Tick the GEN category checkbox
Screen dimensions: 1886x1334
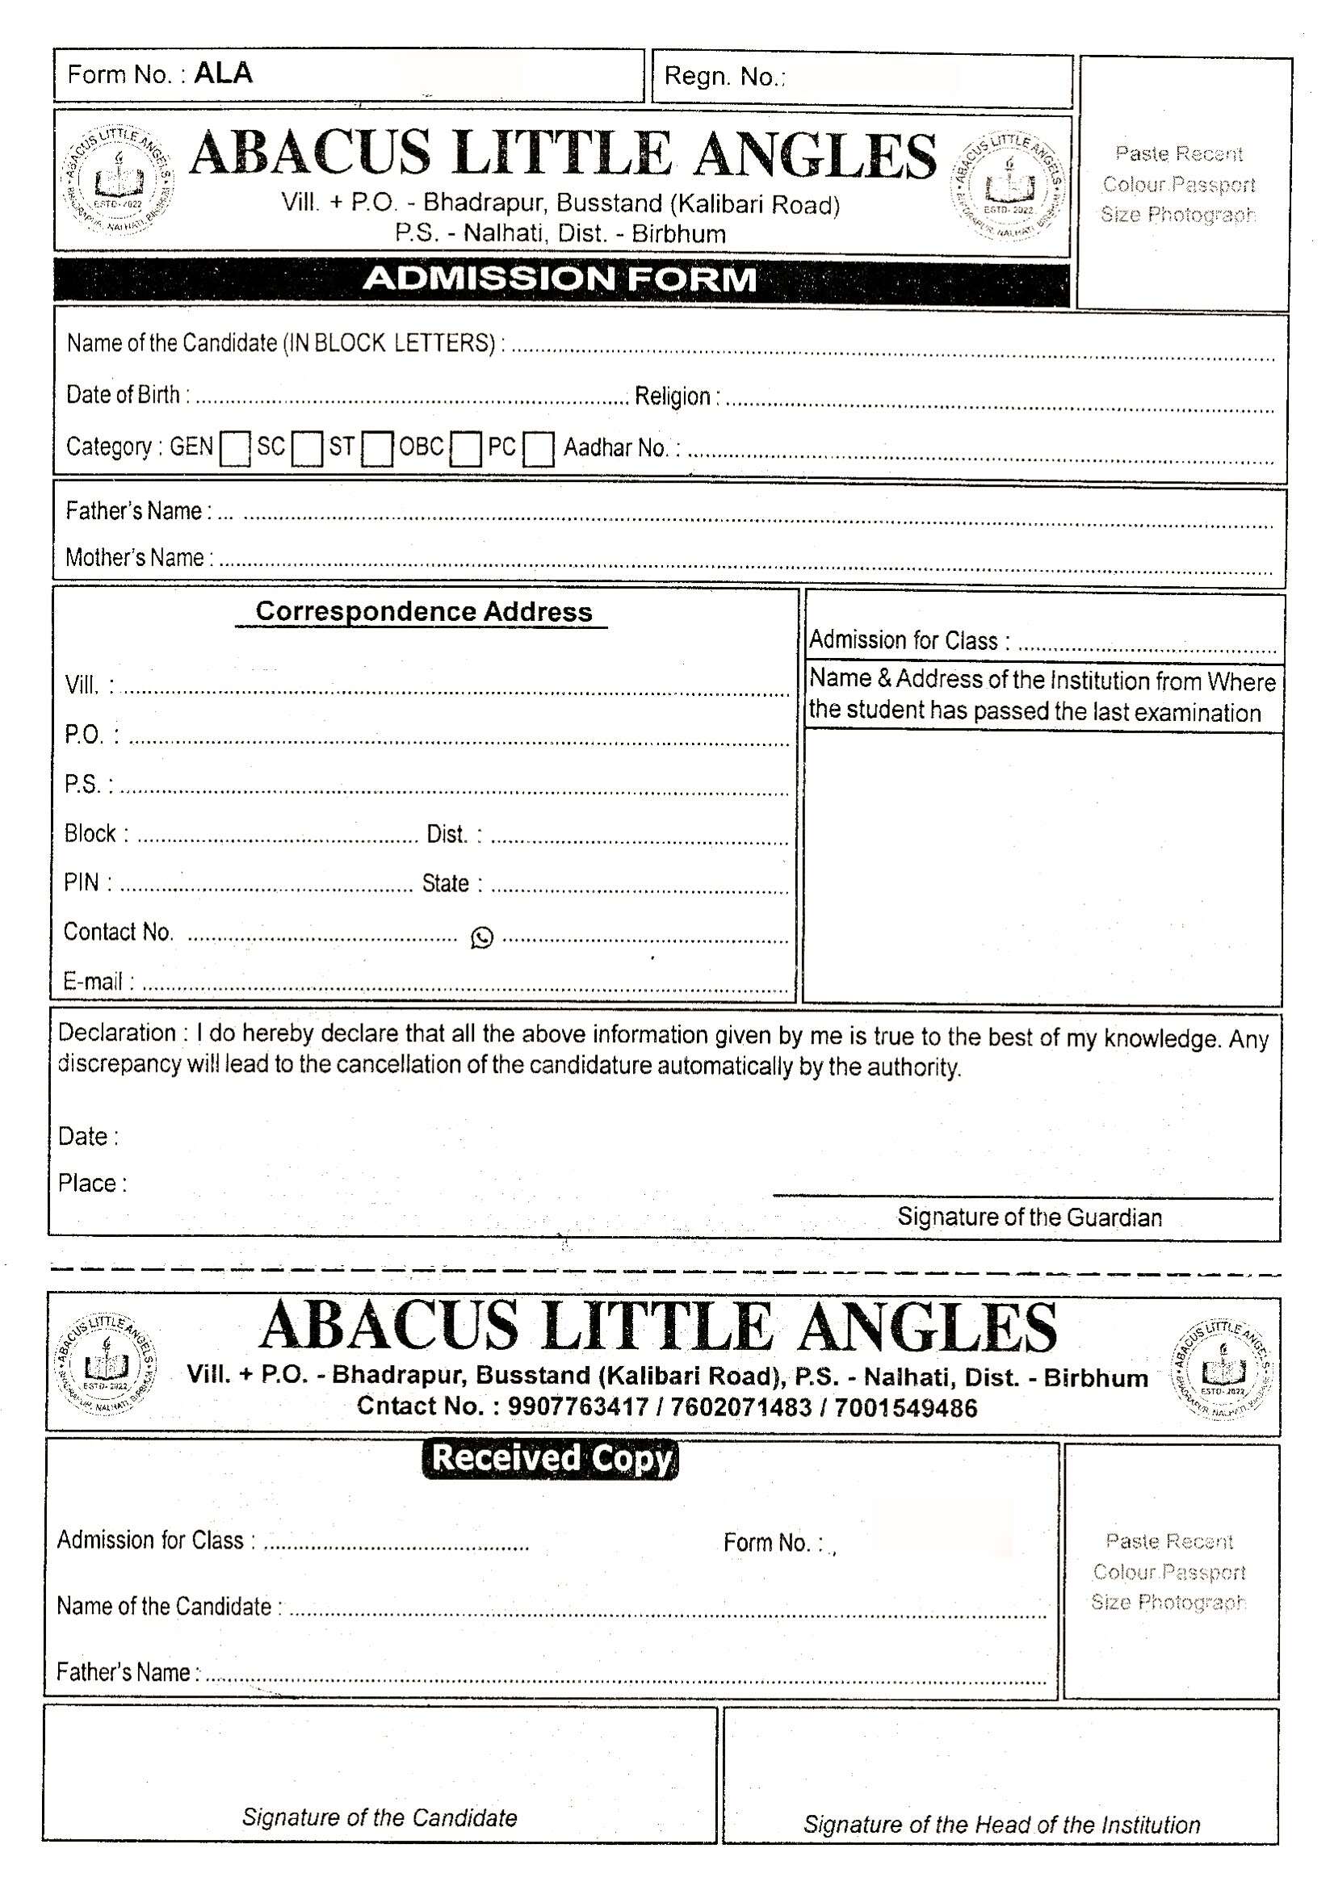click(x=235, y=450)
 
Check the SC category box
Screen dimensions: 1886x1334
click(x=307, y=450)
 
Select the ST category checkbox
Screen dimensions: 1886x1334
click(x=378, y=450)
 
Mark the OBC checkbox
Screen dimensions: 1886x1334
click(x=466, y=450)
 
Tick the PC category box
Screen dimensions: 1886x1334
click(x=538, y=450)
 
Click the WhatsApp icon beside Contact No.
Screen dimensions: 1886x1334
click(x=482, y=937)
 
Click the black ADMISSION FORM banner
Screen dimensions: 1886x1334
click(x=561, y=279)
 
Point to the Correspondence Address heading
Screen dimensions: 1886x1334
click(x=423, y=611)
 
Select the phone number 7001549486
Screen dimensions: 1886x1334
click(x=906, y=1408)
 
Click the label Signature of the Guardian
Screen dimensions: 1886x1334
click(x=1030, y=1217)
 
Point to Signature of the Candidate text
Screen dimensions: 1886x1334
click(x=380, y=1817)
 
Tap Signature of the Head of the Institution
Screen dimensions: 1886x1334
click(x=1001, y=1825)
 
